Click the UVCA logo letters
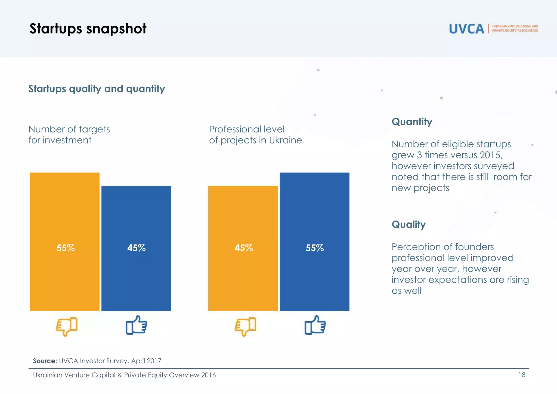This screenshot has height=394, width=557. [466, 29]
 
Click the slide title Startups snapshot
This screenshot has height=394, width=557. [88, 29]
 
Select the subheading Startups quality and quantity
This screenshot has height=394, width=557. [97, 89]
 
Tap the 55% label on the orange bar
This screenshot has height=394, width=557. [65, 248]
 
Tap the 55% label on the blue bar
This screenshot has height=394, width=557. [314, 248]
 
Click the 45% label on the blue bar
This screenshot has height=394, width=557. [136, 248]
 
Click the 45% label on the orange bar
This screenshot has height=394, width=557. [243, 248]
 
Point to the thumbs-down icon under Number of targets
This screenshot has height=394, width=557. [67, 326]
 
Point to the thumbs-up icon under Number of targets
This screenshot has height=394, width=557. [136, 325]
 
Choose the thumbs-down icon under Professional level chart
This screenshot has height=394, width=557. [245, 326]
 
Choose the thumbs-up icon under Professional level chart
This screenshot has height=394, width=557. [315, 325]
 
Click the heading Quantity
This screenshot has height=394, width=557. [412, 122]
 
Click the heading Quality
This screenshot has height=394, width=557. [409, 224]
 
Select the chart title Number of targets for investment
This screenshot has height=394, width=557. [69, 135]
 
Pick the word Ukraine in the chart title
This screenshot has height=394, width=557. [285, 140]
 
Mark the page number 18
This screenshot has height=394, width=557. [522, 375]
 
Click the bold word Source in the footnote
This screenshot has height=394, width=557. [45, 361]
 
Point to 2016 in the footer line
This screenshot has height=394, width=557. [208, 375]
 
